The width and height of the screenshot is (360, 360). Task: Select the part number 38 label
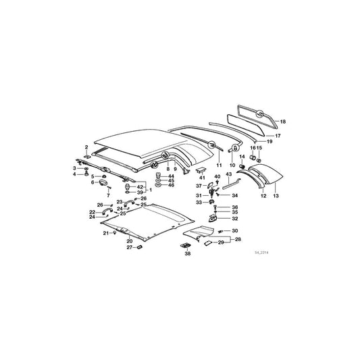point(188,255)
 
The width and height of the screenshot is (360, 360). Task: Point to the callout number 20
point(130,240)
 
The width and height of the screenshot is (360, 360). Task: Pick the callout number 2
point(86,147)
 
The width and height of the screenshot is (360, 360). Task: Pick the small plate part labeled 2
point(88,153)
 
